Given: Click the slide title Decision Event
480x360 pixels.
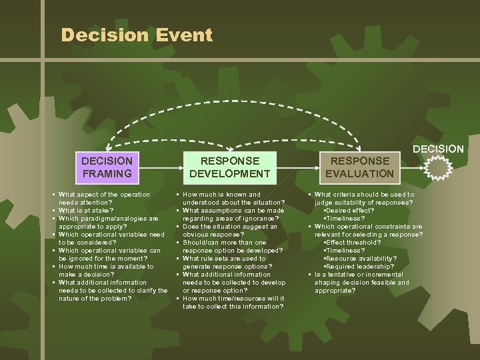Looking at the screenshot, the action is tap(137, 35).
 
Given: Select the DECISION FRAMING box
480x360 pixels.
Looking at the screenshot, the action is tap(107, 167).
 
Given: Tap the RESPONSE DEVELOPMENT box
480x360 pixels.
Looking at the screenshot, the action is tap(229, 167).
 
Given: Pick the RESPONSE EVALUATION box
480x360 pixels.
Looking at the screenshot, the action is tap(359, 167).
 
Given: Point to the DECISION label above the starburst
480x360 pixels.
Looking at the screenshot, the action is tap(438, 148).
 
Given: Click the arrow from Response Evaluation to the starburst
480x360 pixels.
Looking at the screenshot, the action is tap(410, 167).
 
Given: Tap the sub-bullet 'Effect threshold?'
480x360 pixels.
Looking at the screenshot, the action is tap(353, 242).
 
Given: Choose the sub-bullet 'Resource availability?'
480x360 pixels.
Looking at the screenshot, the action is tap(360, 258).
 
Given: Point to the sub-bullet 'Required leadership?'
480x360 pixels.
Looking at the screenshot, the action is tap(356, 266).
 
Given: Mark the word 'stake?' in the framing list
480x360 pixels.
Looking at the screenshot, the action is tap(102, 210).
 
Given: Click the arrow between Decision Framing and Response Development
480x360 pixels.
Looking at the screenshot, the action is tap(157, 167).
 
